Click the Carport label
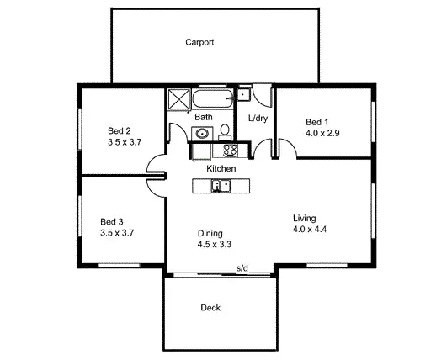point(199,41)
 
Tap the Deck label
point(210,308)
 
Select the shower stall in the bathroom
point(178,99)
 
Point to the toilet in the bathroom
point(226,130)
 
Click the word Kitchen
point(221,169)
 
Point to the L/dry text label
point(258,118)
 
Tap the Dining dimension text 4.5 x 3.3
point(214,245)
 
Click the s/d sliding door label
point(242,268)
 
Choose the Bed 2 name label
point(120,130)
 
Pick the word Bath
point(204,117)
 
